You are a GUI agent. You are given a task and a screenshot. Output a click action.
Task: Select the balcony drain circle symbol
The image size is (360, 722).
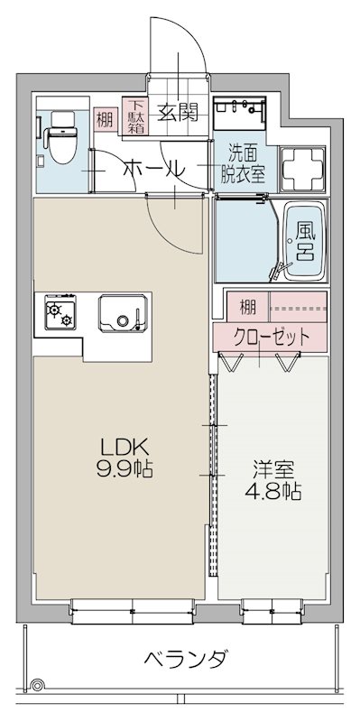pyautogui.click(x=37, y=687)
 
